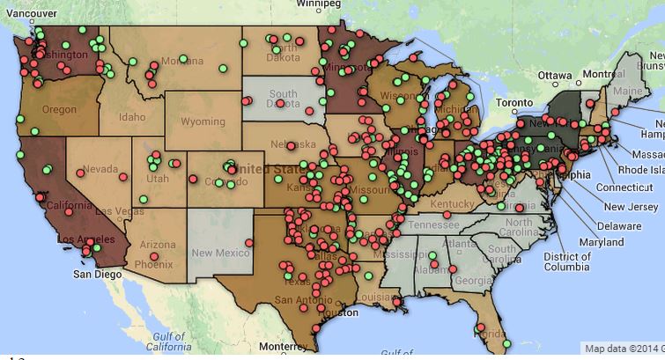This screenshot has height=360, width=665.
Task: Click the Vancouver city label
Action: coord(29,15)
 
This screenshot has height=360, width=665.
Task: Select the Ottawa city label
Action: coord(554,74)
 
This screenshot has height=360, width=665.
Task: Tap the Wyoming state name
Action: coord(202,121)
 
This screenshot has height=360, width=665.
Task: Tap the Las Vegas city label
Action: coord(111,212)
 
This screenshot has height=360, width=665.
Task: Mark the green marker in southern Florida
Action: coord(506,342)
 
